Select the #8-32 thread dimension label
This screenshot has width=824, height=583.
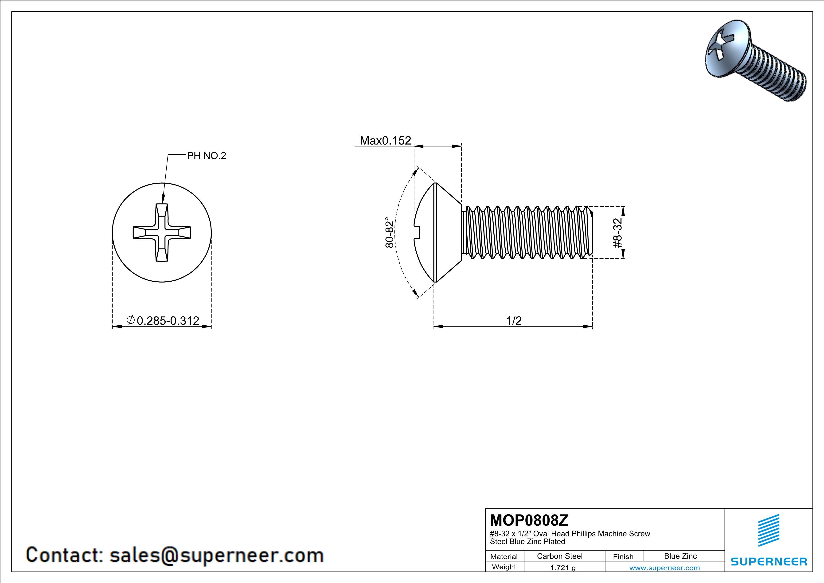coord(617,233)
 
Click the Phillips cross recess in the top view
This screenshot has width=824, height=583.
coord(162,233)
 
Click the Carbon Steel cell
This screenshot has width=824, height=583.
coord(559,556)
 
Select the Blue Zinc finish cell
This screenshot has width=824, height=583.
coord(680,556)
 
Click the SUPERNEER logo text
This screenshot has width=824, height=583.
coord(769,561)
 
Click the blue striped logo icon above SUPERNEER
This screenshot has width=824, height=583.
coord(768,530)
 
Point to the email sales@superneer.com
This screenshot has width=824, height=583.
coord(216,555)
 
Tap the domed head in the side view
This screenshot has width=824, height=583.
coord(425,233)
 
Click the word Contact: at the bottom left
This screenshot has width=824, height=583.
coord(65,555)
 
